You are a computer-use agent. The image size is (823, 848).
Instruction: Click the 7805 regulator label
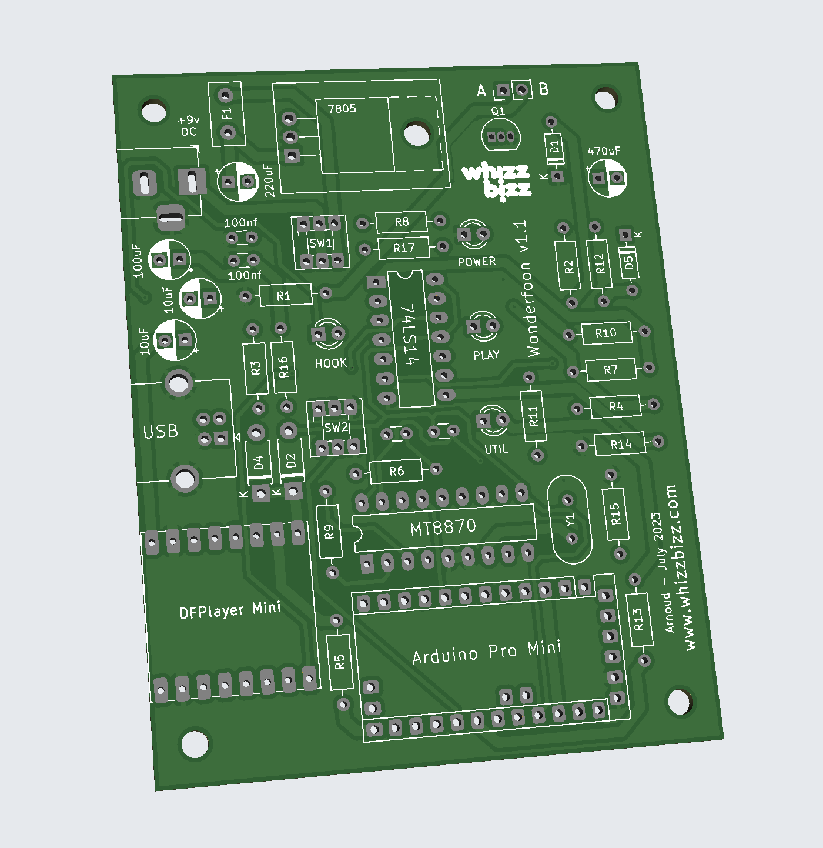pyautogui.click(x=342, y=108)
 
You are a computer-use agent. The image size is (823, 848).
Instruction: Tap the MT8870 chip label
pyautogui.click(x=443, y=528)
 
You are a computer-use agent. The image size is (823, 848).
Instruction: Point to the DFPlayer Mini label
pyautogui.click(x=230, y=610)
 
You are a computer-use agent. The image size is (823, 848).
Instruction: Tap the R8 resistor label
pyautogui.click(x=402, y=222)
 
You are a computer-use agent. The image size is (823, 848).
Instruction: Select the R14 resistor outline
pyautogui.click(x=620, y=444)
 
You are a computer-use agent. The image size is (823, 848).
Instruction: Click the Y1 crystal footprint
pyautogui.click(x=570, y=519)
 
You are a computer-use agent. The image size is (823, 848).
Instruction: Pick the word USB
pyautogui.click(x=160, y=432)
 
